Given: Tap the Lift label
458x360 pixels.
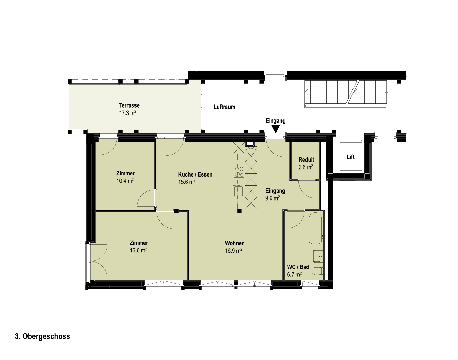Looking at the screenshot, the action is pyautogui.click(x=350, y=157).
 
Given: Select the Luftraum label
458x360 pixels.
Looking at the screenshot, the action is pyautogui.click(x=224, y=107).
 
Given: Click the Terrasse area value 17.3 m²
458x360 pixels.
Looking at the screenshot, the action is pyautogui.click(x=127, y=113).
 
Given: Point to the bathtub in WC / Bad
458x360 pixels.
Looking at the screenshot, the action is pyautogui.click(x=316, y=228).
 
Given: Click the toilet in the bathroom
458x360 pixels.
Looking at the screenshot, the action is pyautogui.click(x=317, y=271).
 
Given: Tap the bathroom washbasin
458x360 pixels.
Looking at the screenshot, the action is pyautogui.click(x=318, y=256).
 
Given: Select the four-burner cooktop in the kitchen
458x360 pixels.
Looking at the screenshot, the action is pyautogui.click(x=239, y=172).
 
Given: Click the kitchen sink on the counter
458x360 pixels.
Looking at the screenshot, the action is pyautogui.click(x=239, y=191).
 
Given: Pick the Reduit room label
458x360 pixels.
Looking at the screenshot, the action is pyautogui.click(x=306, y=159).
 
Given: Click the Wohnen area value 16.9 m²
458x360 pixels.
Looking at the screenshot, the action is pyautogui.click(x=234, y=251).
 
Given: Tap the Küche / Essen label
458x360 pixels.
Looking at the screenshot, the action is pyautogui.click(x=195, y=174).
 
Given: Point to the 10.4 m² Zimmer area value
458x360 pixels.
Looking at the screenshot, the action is pyautogui.click(x=125, y=181).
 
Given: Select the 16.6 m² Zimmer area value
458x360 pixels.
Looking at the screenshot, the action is pyautogui.click(x=139, y=250).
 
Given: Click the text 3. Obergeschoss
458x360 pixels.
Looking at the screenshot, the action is pyautogui.click(x=42, y=336).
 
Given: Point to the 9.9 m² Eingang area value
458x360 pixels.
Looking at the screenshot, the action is pyautogui.click(x=272, y=198).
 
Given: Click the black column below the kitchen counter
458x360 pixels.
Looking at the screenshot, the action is pyautogui.click(x=239, y=211).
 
